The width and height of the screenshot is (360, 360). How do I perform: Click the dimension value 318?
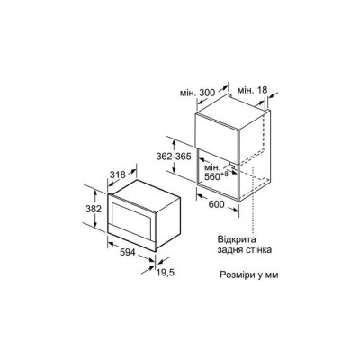[118, 175]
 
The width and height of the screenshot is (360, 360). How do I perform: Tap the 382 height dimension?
[94, 209]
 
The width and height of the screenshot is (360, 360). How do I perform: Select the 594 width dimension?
[128, 253]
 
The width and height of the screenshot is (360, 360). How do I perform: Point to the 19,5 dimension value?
[165, 273]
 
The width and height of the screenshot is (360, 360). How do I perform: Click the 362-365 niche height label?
[174, 157]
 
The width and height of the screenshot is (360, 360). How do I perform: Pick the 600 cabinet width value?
[216, 204]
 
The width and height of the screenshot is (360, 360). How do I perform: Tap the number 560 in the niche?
[212, 177]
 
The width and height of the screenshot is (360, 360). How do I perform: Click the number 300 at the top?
[207, 93]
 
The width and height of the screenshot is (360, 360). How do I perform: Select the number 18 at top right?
[261, 90]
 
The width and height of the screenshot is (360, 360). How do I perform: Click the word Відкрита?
[237, 240]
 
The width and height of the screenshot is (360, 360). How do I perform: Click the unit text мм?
[272, 275]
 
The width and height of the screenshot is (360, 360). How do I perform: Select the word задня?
[230, 250]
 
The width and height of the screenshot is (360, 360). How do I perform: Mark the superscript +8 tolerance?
[225, 174]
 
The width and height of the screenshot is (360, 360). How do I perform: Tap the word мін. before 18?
[246, 90]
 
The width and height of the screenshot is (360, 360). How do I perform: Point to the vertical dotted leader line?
[254, 200]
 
